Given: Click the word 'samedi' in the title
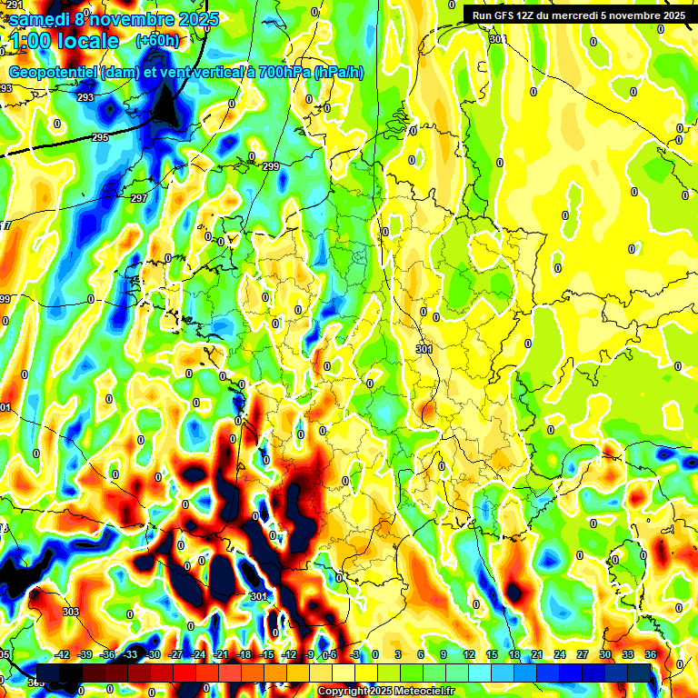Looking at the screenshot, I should click(44, 18).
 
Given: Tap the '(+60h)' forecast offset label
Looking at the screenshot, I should click(157, 41).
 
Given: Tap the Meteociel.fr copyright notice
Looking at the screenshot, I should click(385, 692).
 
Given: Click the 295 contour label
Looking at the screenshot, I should click(100, 137).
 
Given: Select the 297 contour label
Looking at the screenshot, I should click(139, 198).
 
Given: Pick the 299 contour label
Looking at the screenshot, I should click(271, 166).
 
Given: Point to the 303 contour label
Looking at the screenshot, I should click(70, 612).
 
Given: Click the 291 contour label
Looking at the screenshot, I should click(14, 5).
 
